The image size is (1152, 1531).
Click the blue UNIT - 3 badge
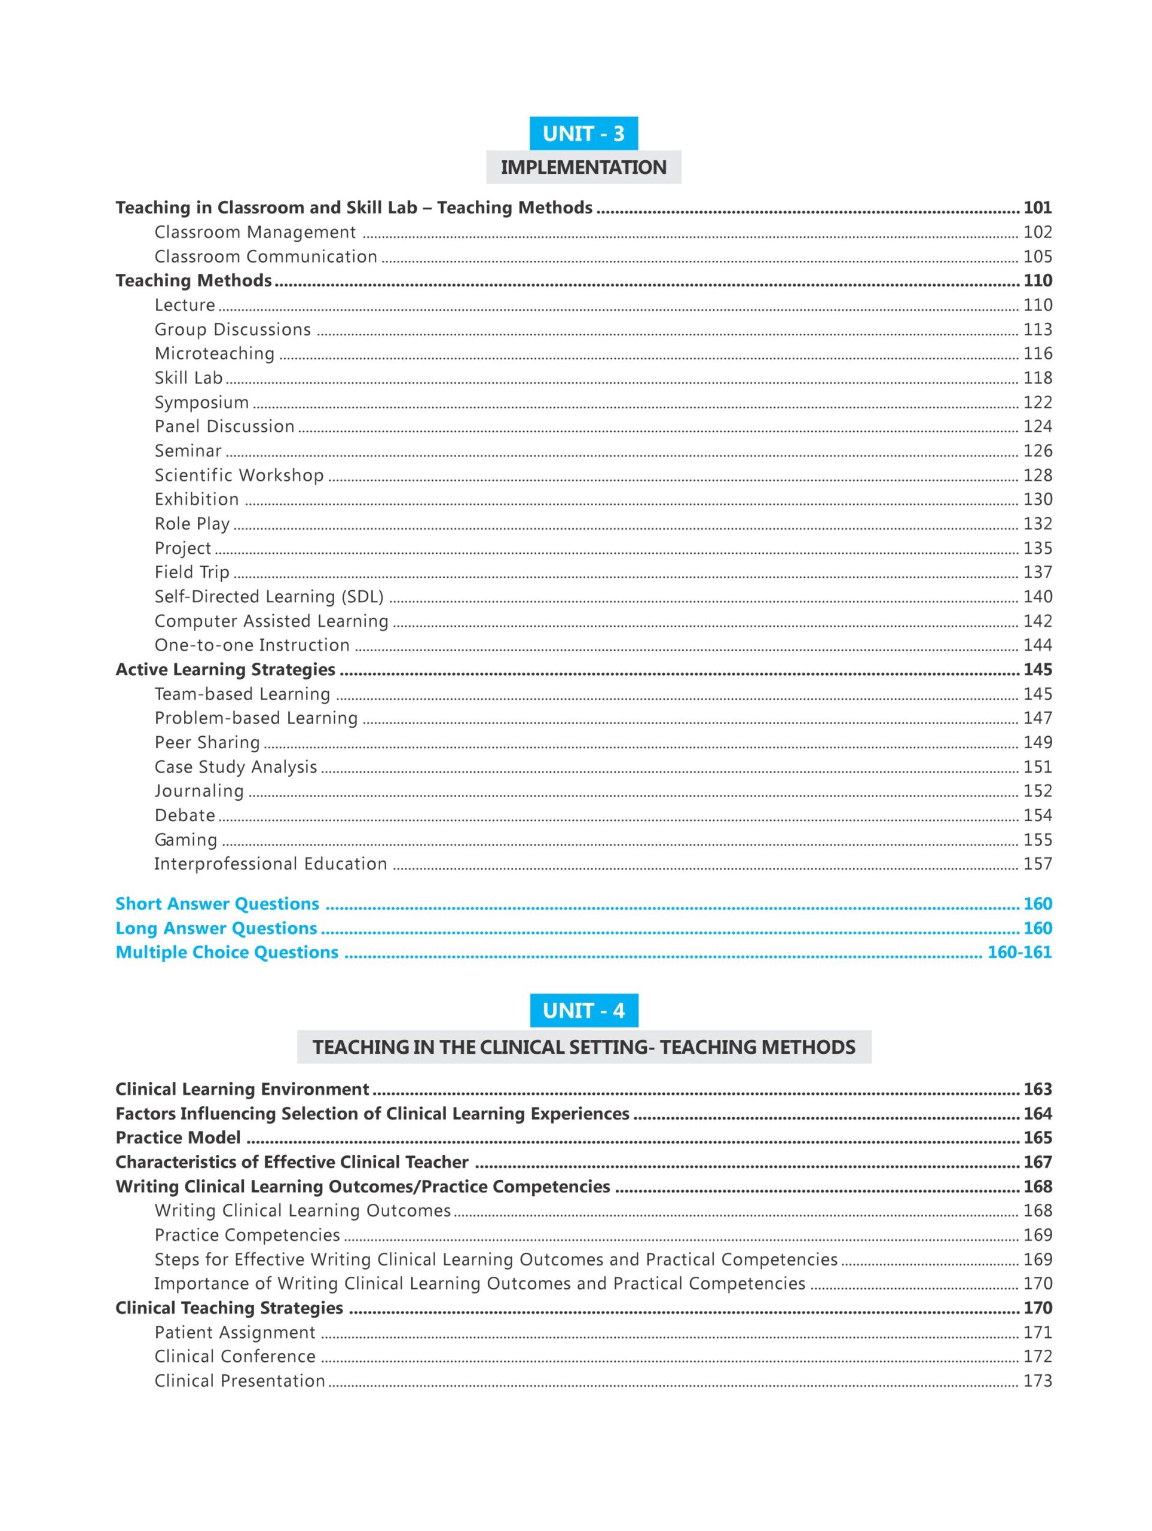tap(583, 133)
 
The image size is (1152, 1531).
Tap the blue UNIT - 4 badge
tap(583, 1010)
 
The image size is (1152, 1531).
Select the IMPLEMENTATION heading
tap(583, 167)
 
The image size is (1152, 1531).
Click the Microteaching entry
tap(215, 353)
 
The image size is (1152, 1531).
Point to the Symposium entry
tap(201, 402)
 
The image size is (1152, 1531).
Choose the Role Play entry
tap(192, 523)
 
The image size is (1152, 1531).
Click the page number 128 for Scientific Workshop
tap(1037, 475)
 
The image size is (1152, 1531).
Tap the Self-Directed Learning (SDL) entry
tap(268, 597)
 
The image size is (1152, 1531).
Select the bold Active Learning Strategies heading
tap(225, 669)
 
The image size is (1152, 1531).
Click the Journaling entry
tap(198, 791)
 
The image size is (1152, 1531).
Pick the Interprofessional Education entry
tap(271, 864)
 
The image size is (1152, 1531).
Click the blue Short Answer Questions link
tap(217, 904)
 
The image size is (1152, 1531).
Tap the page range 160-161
tap(1019, 952)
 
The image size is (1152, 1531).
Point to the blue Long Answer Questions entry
tap(216, 928)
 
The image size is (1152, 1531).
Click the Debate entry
tap(185, 815)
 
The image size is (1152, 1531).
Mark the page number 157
tap(1037, 864)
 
